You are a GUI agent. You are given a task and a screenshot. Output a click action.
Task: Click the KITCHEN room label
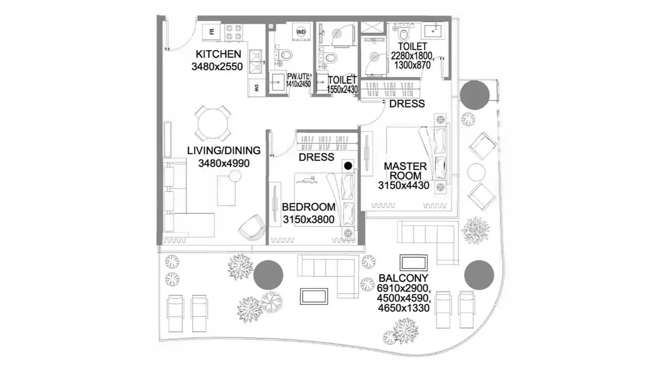(x=218, y=54)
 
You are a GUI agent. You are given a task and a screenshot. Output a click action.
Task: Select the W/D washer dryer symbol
(x=301, y=32)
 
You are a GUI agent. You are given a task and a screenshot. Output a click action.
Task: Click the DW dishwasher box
(x=256, y=88)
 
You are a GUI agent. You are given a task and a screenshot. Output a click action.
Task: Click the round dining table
(x=213, y=123)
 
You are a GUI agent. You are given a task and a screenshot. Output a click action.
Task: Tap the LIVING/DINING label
(x=224, y=150)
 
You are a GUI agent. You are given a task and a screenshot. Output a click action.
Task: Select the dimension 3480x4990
(x=224, y=163)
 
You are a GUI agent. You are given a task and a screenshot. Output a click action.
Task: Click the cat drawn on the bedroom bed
(x=306, y=180)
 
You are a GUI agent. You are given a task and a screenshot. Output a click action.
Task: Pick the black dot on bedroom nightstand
(x=348, y=166)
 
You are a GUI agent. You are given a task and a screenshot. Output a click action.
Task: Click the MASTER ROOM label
(x=405, y=171)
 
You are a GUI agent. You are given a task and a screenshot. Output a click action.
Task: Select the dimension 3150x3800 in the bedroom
(x=309, y=219)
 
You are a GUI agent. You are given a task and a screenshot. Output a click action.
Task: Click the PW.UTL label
(x=298, y=76)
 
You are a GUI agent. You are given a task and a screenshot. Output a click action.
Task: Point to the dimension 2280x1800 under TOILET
(x=411, y=56)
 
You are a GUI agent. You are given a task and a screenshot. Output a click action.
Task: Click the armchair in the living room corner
(x=252, y=227)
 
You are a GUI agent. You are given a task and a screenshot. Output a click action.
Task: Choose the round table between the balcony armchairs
(x=476, y=172)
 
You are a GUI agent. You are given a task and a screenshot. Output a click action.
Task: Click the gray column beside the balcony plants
(x=268, y=275)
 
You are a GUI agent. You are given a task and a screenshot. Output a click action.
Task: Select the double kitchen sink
(x=255, y=62)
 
